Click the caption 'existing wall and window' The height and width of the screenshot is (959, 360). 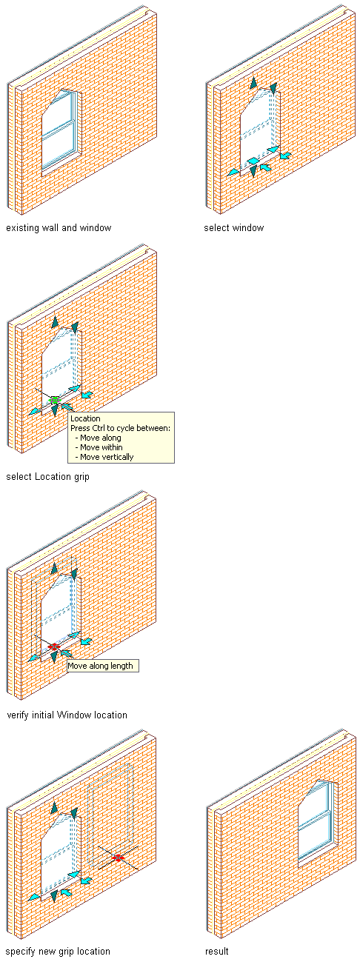59,228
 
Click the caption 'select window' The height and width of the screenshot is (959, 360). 234,228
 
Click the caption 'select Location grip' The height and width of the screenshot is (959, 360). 47,476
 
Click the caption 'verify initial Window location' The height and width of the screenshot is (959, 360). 67,715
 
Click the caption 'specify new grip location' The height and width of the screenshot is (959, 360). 58,952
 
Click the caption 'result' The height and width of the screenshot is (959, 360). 216,952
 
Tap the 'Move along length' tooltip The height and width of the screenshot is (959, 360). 103,666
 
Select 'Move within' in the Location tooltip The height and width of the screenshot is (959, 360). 101,447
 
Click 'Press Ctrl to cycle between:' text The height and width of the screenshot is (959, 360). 120,428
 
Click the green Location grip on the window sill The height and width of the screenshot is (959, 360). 54,401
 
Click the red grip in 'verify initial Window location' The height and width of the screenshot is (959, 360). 53,647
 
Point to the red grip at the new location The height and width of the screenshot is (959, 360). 118,858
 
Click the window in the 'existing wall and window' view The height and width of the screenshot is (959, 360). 60,130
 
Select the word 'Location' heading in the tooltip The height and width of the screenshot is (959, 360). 85,418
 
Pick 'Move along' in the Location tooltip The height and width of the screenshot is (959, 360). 101,438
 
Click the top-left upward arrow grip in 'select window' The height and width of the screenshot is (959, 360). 253,83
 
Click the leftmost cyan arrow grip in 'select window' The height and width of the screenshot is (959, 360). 233,172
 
